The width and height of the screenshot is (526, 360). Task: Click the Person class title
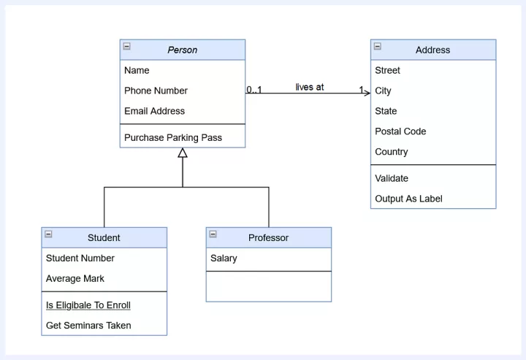tap(183, 50)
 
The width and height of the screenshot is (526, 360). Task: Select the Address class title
tap(432, 50)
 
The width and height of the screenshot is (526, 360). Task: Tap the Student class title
tap(104, 237)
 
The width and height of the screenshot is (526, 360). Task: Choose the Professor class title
tap(268, 237)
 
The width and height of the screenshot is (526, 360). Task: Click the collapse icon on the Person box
tap(127, 46)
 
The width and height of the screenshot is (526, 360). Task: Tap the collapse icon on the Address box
tap(378, 46)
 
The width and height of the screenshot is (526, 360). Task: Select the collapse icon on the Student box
tap(48, 234)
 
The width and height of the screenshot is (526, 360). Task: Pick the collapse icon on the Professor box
tap(213, 234)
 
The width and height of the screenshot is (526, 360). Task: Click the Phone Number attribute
tap(156, 91)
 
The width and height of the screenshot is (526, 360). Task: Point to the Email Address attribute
tap(154, 111)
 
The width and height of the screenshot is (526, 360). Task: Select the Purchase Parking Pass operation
tap(173, 137)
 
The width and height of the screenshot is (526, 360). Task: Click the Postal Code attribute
tap(400, 131)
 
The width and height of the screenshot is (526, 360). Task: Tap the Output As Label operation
tap(408, 199)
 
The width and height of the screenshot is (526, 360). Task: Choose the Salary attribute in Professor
tap(224, 258)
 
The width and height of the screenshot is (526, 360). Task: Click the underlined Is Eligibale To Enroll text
tap(88, 305)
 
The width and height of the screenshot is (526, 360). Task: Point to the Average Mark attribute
tap(75, 278)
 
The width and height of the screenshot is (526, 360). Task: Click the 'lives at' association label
tap(310, 87)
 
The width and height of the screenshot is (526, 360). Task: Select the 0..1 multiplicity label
tap(254, 90)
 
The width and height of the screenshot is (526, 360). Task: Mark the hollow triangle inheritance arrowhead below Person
tap(183, 153)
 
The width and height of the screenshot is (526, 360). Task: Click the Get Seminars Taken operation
tap(88, 326)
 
